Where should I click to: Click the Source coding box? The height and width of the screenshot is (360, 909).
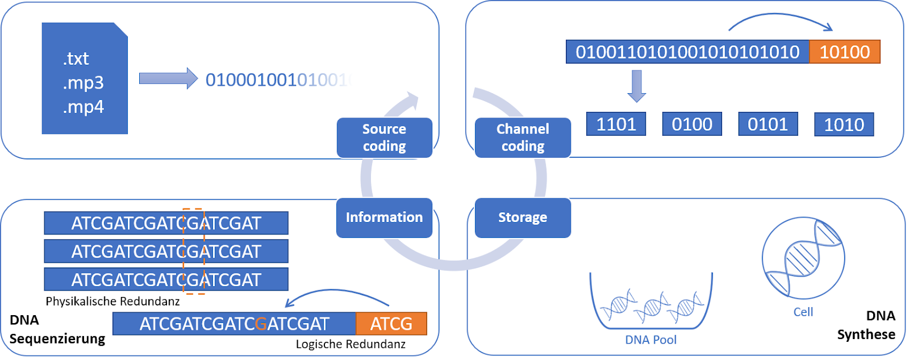click(384, 138)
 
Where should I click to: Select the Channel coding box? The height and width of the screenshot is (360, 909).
click(523, 138)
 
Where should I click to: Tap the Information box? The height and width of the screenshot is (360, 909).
click(384, 217)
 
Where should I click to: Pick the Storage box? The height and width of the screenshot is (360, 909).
click(523, 217)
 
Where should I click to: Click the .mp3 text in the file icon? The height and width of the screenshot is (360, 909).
click(84, 83)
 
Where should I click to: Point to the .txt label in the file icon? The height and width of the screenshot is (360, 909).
click(76, 58)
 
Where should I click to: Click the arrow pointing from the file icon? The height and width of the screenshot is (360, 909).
click(168, 78)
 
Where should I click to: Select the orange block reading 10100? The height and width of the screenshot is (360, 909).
click(844, 52)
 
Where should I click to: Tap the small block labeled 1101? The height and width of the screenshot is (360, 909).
click(616, 124)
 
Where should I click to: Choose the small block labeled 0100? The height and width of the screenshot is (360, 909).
click(692, 124)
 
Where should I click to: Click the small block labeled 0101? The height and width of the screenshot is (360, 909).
click(768, 124)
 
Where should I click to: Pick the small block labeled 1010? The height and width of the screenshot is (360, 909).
click(844, 124)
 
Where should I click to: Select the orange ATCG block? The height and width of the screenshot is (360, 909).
click(391, 324)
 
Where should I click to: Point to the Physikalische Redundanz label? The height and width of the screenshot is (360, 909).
click(112, 301)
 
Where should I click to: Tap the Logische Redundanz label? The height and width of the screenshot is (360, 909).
click(351, 344)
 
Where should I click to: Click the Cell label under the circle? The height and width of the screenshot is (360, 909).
click(803, 312)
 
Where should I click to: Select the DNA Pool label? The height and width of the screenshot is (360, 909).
click(651, 340)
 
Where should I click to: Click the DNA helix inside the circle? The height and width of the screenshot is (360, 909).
click(803, 258)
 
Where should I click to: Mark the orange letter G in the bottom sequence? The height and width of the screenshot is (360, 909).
click(261, 324)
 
